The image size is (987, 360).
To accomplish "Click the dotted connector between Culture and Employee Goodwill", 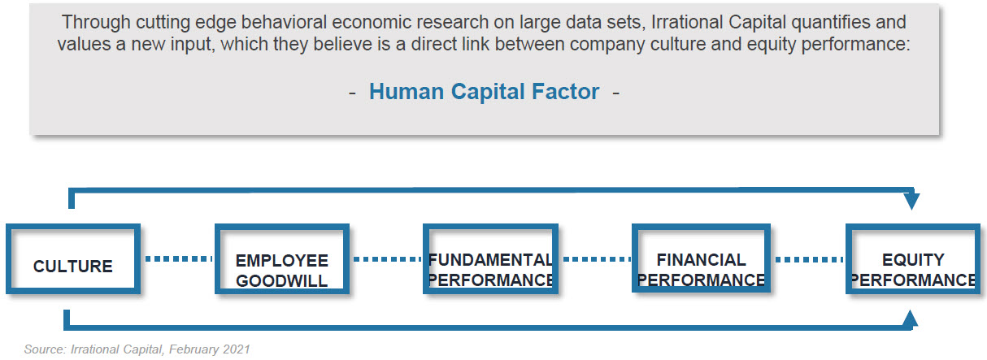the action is tap(178, 258).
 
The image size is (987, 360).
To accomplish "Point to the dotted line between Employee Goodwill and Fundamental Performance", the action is tap(387, 259).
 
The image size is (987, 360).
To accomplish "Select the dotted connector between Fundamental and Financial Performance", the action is tap(597, 259).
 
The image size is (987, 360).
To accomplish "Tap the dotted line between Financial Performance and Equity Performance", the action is tap(809, 259).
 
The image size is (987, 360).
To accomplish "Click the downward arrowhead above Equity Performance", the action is tap(911, 201).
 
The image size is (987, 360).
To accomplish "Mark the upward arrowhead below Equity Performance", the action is tap(911, 319).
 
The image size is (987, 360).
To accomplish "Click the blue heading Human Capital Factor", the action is tap(484, 92).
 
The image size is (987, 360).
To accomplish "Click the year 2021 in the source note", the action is tap(236, 349).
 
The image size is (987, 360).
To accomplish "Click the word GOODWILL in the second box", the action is tap(281, 281).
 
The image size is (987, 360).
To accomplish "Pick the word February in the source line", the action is tap(193, 350).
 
